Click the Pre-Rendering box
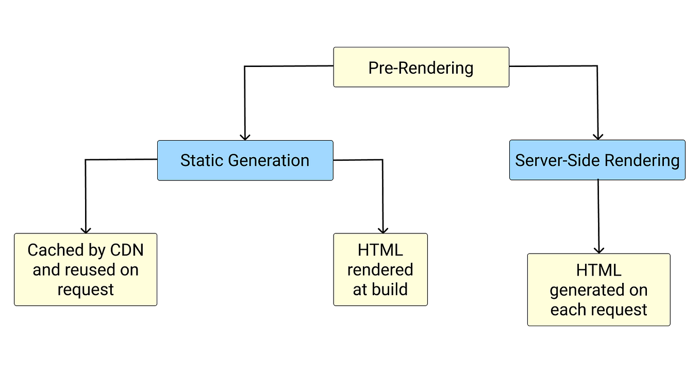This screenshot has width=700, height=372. pos(421,67)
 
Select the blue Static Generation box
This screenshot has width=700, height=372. pos(245,160)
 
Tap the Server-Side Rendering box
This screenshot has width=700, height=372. pos(597,160)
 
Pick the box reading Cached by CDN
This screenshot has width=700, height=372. pos(86,269)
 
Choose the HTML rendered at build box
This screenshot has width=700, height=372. pos(380,269)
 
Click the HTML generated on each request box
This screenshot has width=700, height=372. pos(598,290)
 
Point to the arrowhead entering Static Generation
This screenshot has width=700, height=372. pos(245,136)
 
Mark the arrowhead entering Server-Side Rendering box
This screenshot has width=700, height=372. pos(597,136)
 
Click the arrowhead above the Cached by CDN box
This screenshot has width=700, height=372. pos(86,229)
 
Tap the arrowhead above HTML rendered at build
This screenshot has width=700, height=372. pos(383,229)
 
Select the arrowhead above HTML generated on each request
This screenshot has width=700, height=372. pos(598,249)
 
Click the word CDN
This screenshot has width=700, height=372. pos(127,250)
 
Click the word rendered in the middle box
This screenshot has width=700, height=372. pos(380,270)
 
